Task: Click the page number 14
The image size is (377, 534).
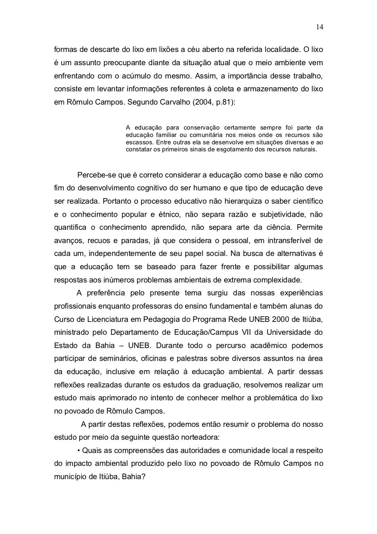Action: tap(319, 27)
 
